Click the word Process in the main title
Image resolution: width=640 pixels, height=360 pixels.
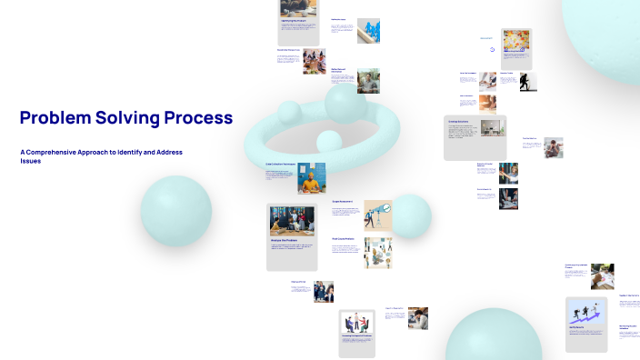[x=198, y=118]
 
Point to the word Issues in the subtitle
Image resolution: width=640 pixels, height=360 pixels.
[x=31, y=161]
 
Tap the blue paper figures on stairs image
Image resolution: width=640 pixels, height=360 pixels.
[x=368, y=30]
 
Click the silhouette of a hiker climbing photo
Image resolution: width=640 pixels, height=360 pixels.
[x=527, y=82]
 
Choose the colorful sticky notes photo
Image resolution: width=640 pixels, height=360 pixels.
[x=515, y=43]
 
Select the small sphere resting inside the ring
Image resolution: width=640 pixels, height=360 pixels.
[x=328, y=141]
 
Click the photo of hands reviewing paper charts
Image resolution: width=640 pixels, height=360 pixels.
[x=601, y=276]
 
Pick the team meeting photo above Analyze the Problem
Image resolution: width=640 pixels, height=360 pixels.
[x=292, y=221]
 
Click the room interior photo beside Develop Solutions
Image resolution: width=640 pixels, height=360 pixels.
[x=492, y=128]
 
